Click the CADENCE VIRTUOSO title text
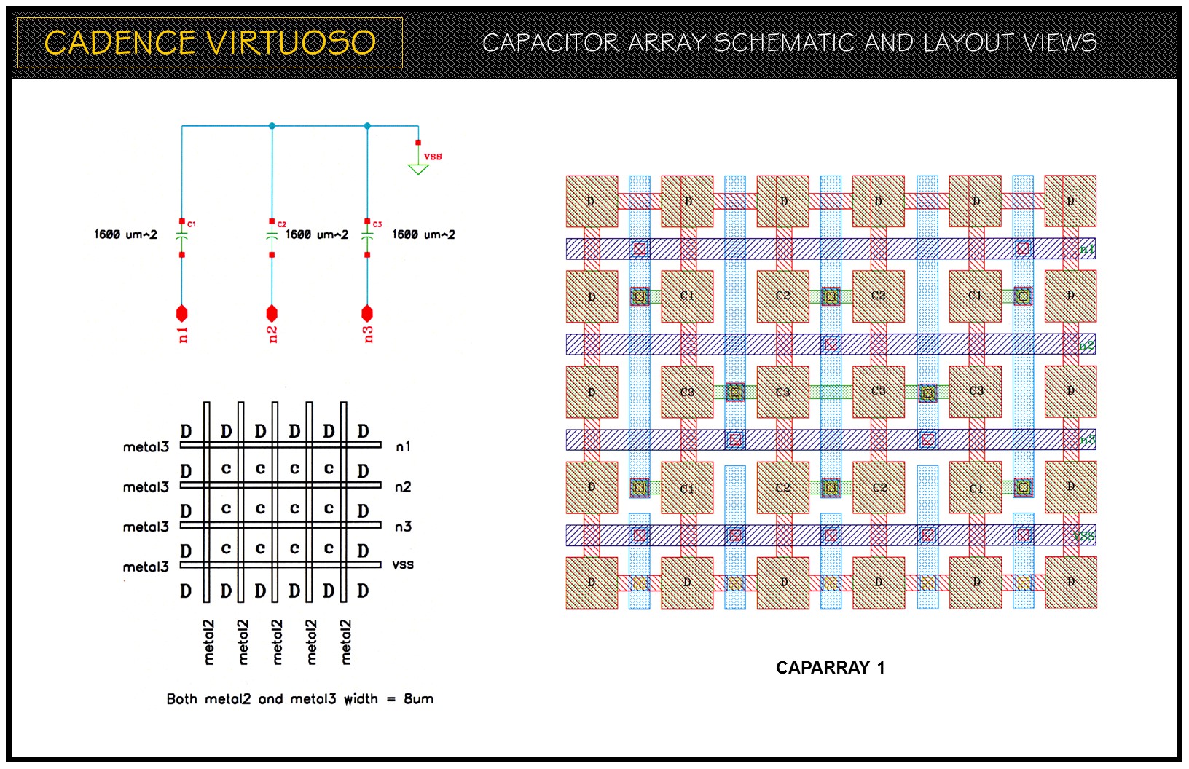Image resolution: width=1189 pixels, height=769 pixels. click(210, 43)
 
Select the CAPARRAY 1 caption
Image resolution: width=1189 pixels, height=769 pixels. click(830, 668)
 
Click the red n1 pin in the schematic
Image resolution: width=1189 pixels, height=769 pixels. click(182, 314)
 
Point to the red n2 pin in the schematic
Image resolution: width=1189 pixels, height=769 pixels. click(272, 314)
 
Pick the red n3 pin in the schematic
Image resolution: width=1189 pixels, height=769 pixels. click(367, 314)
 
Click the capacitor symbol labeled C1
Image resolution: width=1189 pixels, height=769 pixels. click(182, 235)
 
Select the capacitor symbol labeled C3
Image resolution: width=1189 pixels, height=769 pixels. click(367, 235)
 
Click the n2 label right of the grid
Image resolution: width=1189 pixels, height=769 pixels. click(403, 486)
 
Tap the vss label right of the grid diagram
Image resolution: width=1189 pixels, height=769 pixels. click(403, 564)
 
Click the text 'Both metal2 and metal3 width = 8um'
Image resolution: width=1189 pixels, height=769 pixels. click(299, 699)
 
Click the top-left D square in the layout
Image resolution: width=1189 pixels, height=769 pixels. click(592, 201)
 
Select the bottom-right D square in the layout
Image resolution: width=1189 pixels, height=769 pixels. click(1070, 583)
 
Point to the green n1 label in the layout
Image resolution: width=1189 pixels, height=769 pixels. click(1086, 250)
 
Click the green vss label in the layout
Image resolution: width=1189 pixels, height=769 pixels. click(1084, 536)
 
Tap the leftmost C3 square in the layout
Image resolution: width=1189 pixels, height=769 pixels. click(687, 392)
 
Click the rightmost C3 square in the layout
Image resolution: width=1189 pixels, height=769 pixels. click(976, 392)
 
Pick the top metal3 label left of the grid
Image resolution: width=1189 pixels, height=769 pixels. click(146, 447)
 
